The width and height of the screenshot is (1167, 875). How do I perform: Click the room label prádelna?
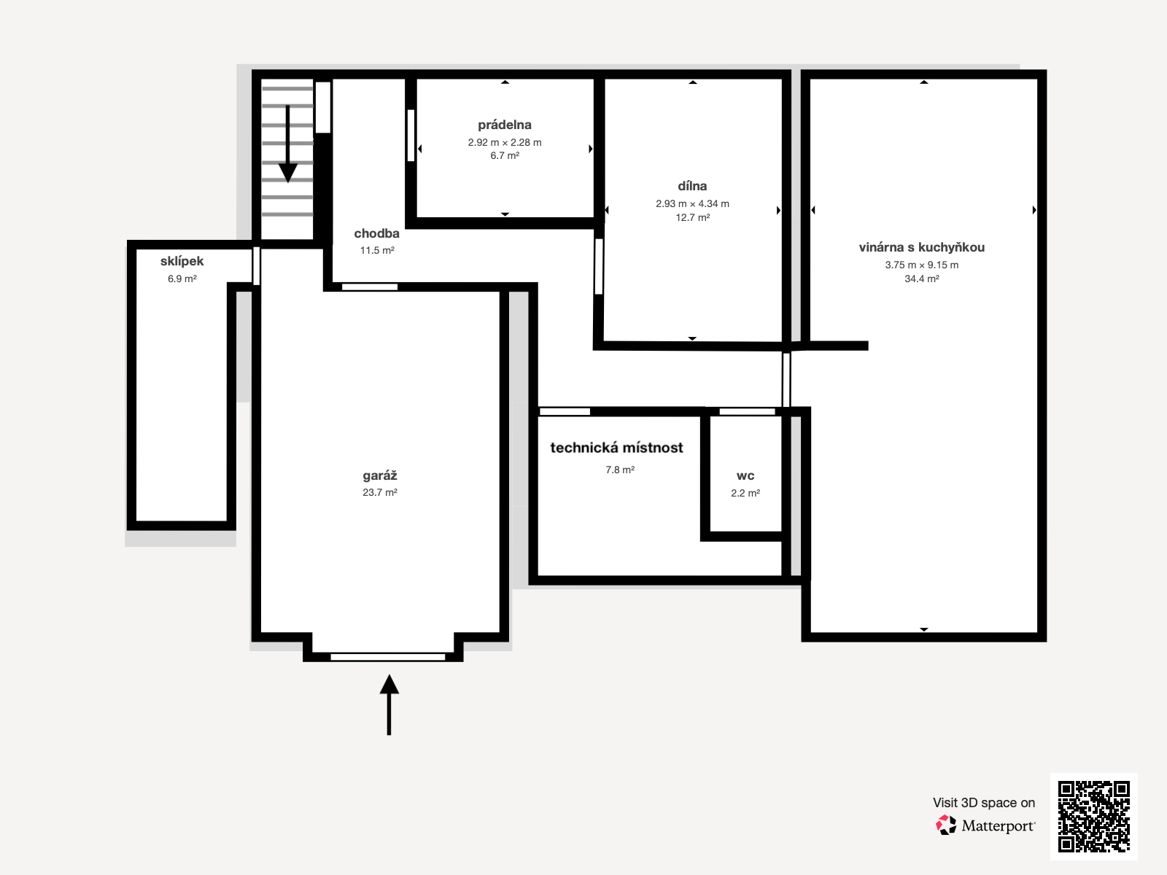[x=505, y=125]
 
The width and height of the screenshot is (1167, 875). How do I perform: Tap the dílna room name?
[x=692, y=186]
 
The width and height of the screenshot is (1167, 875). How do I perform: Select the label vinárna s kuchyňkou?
[x=922, y=247]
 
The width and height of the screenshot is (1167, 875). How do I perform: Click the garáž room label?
[x=380, y=475]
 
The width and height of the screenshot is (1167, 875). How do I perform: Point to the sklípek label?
[x=182, y=261]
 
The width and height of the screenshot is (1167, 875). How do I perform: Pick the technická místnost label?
[x=617, y=448]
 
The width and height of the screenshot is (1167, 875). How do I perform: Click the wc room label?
[x=745, y=476]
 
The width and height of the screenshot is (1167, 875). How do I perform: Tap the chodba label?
[x=376, y=233]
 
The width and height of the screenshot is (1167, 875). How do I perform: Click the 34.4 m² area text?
[x=922, y=279]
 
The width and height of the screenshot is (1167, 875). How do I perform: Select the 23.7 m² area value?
[x=380, y=492]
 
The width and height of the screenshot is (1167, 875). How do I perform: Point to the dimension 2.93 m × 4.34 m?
[x=692, y=203]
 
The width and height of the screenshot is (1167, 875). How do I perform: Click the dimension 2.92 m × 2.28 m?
[x=505, y=142]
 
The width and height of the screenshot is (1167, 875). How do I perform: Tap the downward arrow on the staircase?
[x=287, y=144]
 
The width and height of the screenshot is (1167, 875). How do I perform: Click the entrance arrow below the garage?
[x=389, y=705]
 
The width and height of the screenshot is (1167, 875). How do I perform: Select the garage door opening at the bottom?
[x=387, y=657]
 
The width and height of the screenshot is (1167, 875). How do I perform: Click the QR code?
[x=1093, y=816]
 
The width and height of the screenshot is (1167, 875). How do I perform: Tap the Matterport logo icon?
[x=946, y=825]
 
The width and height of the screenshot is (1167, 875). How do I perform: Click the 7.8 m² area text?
[x=620, y=470]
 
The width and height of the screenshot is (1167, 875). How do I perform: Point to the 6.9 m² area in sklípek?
[x=182, y=279]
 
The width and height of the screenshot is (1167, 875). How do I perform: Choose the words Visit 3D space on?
[x=984, y=803]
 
